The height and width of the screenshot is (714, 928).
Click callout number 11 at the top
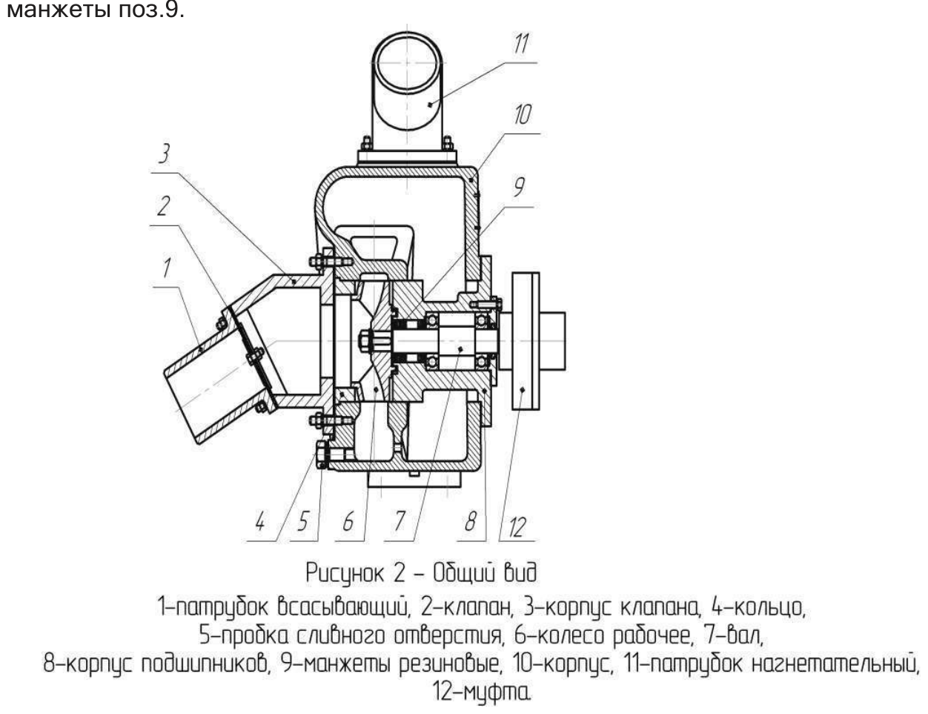click(x=521, y=44)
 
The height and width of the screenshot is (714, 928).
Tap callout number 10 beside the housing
click(x=523, y=114)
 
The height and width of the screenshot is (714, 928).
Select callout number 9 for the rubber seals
click(x=519, y=187)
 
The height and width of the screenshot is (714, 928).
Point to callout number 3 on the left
click(x=165, y=153)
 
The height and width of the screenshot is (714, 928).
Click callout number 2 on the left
click(x=164, y=206)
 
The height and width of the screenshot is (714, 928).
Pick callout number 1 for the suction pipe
click(x=167, y=268)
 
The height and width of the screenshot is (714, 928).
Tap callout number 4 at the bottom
click(x=260, y=522)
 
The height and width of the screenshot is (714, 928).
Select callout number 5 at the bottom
click(x=303, y=521)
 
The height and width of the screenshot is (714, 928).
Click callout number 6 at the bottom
click(x=348, y=521)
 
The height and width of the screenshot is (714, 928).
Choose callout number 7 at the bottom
click(x=400, y=521)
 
